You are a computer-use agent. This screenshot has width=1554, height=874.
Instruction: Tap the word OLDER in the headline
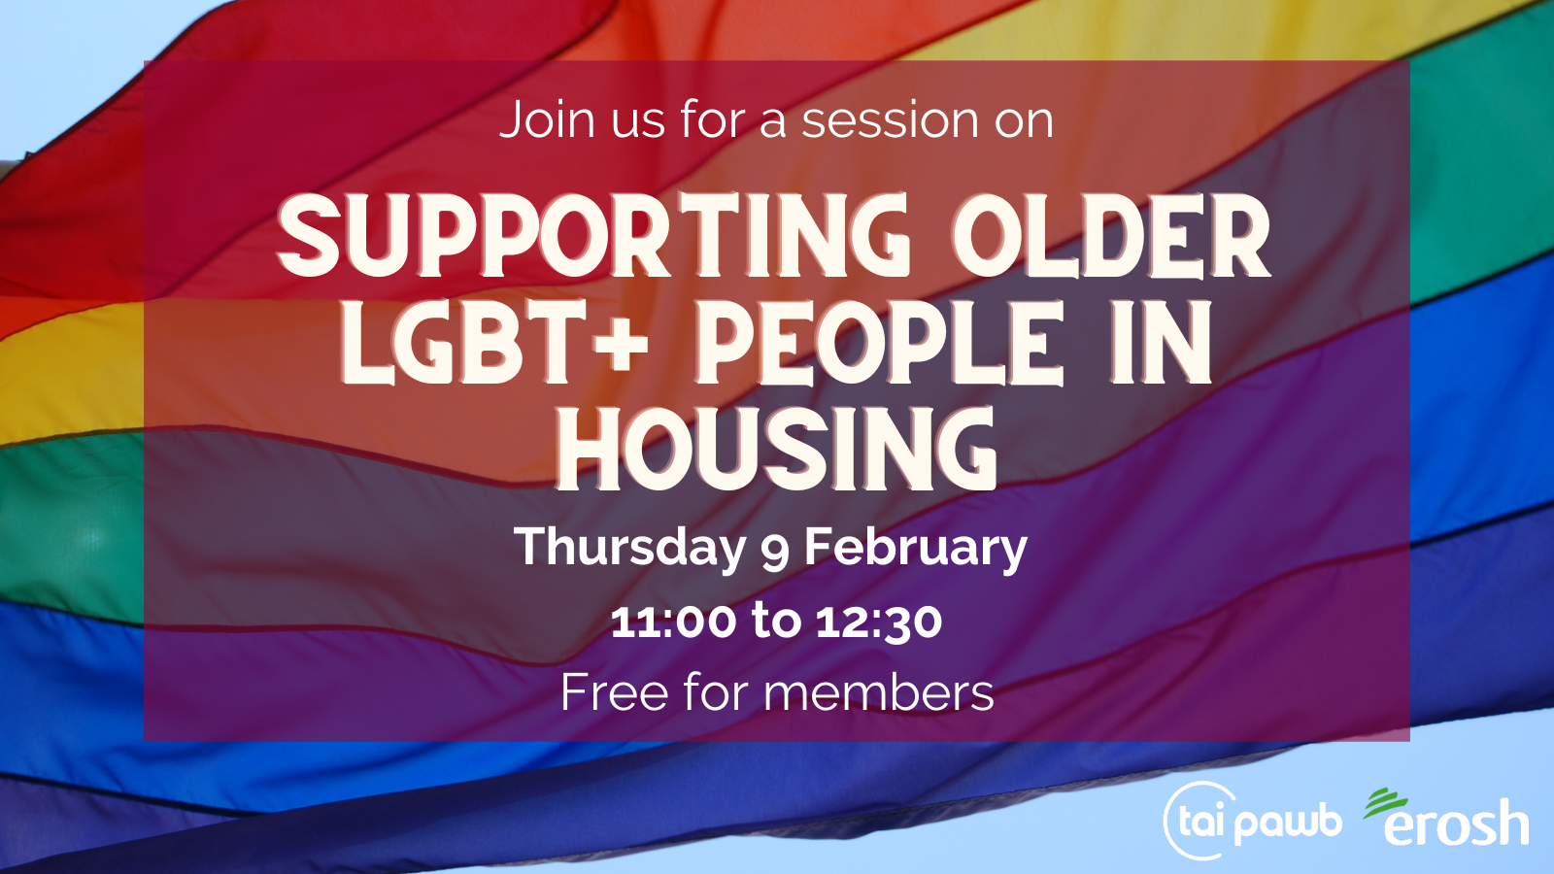click(1112, 235)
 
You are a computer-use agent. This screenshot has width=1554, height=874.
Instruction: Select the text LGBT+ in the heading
click(495, 344)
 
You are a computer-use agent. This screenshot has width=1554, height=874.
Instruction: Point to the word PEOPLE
click(879, 344)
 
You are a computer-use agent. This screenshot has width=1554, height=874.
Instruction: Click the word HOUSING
click(777, 449)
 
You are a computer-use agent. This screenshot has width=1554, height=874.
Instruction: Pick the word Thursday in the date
click(629, 549)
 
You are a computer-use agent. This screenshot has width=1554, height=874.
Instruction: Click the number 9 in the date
click(775, 553)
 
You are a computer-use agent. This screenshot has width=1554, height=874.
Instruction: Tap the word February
click(916, 549)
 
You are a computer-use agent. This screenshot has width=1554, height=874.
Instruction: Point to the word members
click(880, 692)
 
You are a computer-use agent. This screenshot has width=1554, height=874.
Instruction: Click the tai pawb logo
click(1252, 821)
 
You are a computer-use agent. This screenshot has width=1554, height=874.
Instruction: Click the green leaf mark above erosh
click(1385, 802)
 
